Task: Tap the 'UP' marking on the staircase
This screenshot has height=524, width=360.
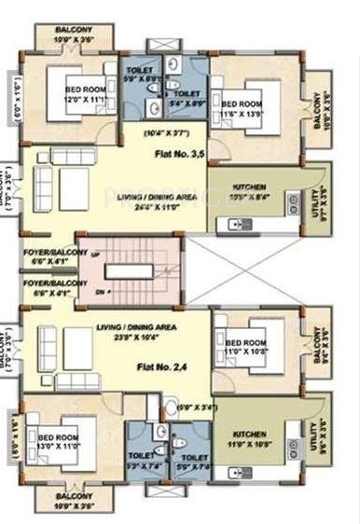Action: tap(93, 254)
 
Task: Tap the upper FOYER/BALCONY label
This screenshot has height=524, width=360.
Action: tap(46, 256)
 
